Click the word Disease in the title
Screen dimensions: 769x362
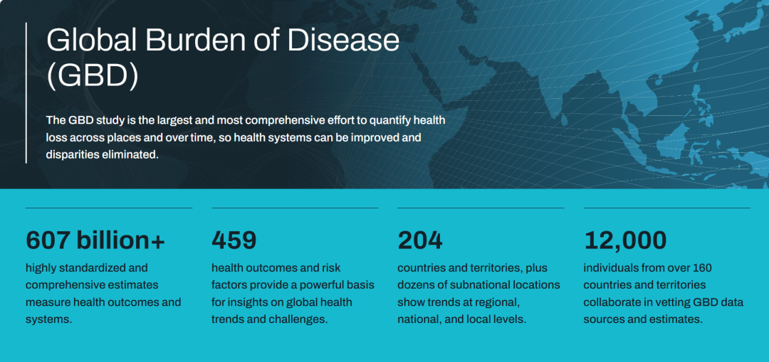[x=343, y=41]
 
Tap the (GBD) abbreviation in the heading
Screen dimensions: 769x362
[x=92, y=75]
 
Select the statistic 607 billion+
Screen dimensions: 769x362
[x=95, y=240]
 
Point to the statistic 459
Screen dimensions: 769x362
[x=234, y=240]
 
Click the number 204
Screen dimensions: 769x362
[x=420, y=240]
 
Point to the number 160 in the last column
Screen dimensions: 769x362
[x=702, y=268]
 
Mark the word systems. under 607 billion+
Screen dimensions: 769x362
[x=48, y=320]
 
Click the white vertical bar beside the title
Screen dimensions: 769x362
[x=26, y=92]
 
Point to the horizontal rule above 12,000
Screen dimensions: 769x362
[x=667, y=208]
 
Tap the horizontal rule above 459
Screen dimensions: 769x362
[x=295, y=208]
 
